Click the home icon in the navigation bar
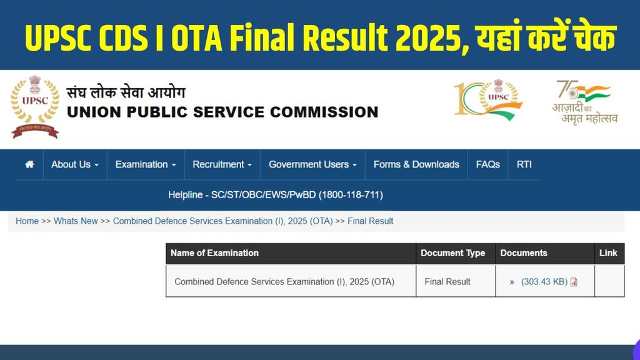29,164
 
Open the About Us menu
75,164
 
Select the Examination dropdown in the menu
146,164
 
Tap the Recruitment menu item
222,164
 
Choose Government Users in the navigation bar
312,164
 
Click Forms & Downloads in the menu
416,164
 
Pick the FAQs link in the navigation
487,164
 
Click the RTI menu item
524,164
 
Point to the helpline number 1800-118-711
351,195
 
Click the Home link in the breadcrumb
27,221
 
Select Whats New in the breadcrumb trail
76,221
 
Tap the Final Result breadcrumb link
371,221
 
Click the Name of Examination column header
214,253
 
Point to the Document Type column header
452,253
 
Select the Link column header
608,253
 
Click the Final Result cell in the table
447,282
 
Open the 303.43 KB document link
544,282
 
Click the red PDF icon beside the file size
574,282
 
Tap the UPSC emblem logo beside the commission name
35,106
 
